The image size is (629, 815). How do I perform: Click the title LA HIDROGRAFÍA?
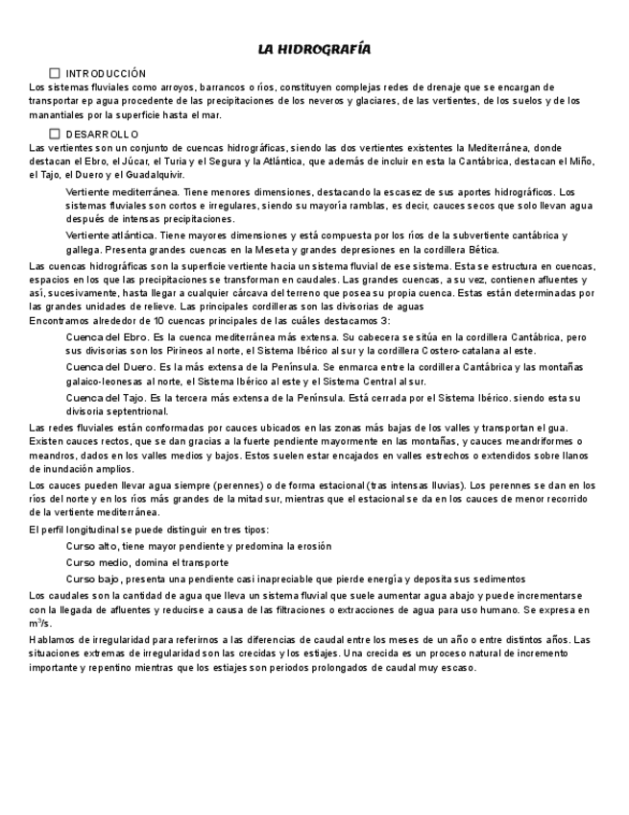pyautogui.click(x=314, y=49)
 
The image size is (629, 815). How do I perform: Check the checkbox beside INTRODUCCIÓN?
pyautogui.click(x=55, y=73)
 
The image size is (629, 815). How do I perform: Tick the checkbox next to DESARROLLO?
pyautogui.click(x=55, y=134)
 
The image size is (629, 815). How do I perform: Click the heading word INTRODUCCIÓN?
pyautogui.click(x=106, y=73)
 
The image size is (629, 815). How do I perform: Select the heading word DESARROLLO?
pyautogui.click(x=102, y=134)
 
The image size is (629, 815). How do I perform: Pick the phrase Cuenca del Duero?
pyautogui.click(x=109, y=367)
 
